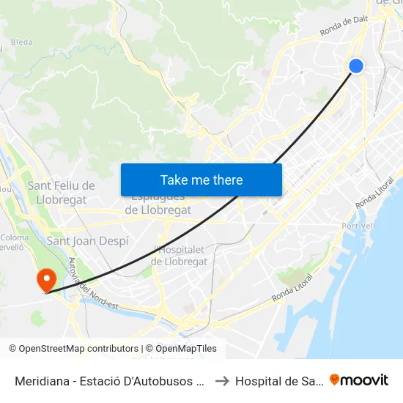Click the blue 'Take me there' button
pos(202,180)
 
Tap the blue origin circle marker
pos(356,66)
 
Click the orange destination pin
pos(45,279)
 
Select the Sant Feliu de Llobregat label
pos(62,193)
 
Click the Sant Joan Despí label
pos(87,240)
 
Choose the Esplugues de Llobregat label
pos(158,204)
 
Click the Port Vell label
pos(358,226)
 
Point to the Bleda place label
pos(21,42)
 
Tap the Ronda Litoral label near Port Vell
pos(374,192)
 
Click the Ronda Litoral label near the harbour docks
pos(292,288)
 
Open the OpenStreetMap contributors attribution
pos(73,349)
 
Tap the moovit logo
pos(359,380)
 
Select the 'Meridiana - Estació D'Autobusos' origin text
pos(109,380)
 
